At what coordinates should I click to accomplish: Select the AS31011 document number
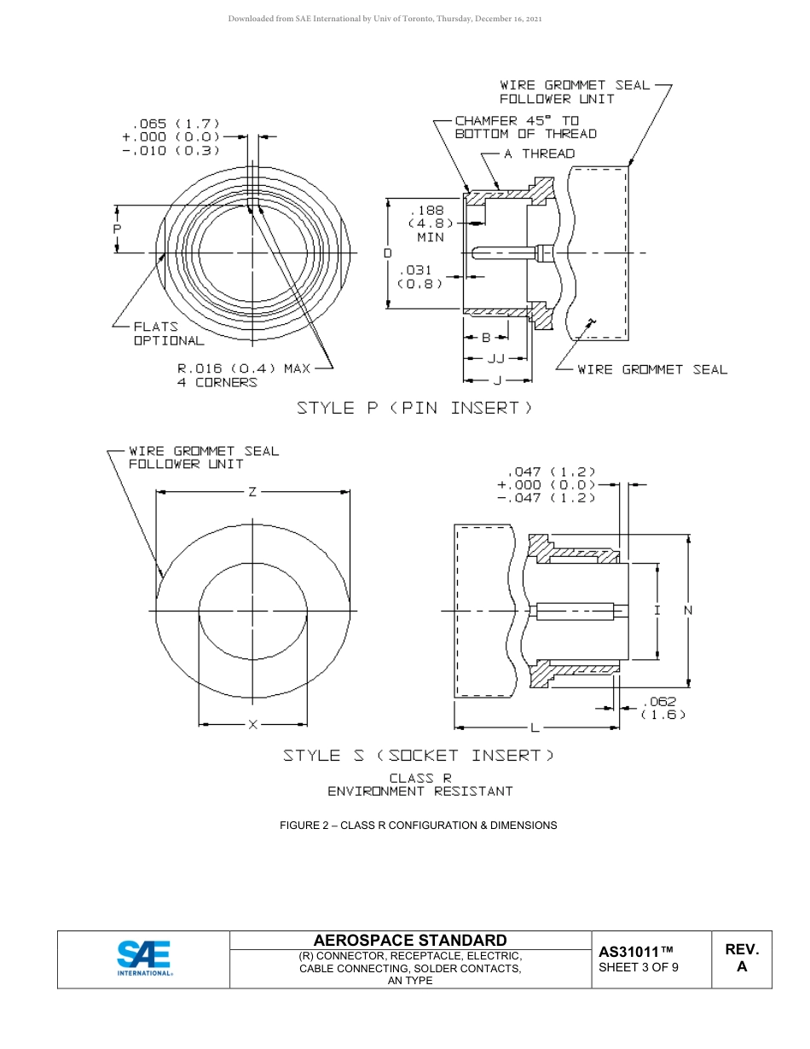tap(636, 951)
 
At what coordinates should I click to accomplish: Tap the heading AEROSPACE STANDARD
tap(410, 940)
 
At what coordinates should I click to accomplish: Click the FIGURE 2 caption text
tap(418, 825)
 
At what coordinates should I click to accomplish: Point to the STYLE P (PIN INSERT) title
tap(414, 408)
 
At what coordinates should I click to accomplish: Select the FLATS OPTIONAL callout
tap(168, 333)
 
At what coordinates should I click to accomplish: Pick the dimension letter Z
tap(252, 491)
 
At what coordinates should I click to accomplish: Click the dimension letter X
tap(252, 724)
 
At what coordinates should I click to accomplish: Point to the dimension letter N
tap(688, 610)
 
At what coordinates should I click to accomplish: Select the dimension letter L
tap(535, 727)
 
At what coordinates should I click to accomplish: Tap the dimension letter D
tap(387, 253)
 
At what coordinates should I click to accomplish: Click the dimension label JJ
tap(496, 358)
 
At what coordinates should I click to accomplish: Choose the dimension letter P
tap(117, 229)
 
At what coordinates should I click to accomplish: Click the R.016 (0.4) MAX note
tap(243, 375)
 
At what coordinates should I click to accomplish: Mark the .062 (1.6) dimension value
tap(662, 708)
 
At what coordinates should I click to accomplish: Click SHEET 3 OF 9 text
tap(639, 967)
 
